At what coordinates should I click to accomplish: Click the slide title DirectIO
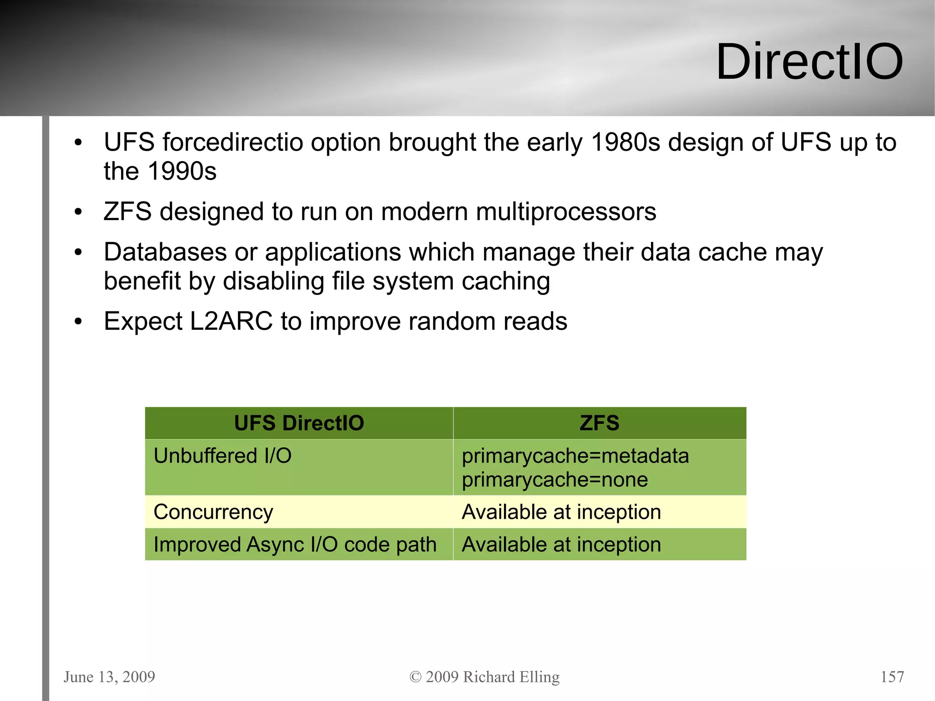[809, 62]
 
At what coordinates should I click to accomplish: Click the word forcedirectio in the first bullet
[233, 142]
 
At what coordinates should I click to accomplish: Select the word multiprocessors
[566, 212]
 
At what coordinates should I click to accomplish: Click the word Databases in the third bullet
[165, 252]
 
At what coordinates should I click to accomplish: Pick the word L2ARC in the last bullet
[231, 322]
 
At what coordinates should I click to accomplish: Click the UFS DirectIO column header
[299, 423]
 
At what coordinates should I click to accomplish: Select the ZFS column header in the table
[599, 423]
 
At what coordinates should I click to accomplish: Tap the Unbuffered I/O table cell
[222, 456]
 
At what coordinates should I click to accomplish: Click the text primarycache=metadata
[575, 456]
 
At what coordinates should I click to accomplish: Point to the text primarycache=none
[555, 480]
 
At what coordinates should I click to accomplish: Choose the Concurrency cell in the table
[213, 512]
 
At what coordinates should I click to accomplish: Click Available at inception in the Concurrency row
[561, 512]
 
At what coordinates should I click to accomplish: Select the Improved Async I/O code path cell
[295, 544]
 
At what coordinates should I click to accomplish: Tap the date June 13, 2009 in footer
[109, 677]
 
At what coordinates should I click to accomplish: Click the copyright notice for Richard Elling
[484, 677]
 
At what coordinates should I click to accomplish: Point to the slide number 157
[892, 677]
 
